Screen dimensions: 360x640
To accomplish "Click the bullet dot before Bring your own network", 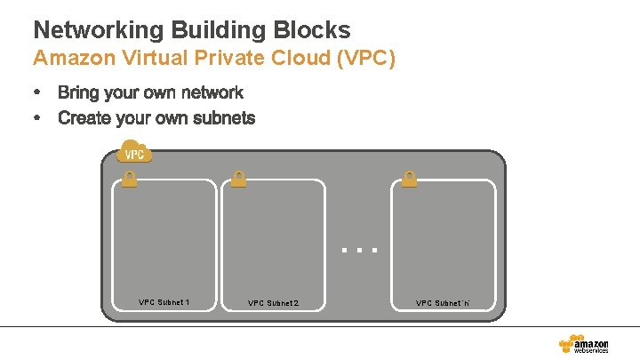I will (37, 92).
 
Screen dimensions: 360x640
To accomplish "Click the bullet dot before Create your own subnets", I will (37, 118).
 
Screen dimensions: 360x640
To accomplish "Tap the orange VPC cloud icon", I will (134, 153).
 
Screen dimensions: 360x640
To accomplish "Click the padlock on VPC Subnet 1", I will (129, 179).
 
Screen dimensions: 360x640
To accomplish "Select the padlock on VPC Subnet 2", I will (238, 179).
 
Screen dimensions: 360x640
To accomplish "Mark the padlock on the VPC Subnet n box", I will (409, 179).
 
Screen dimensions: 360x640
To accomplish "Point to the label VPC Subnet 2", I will (273, 303).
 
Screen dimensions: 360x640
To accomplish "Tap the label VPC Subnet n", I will (443, 303).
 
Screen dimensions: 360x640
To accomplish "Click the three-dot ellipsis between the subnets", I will (360, 251).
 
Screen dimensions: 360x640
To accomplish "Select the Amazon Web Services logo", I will (583, 342).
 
